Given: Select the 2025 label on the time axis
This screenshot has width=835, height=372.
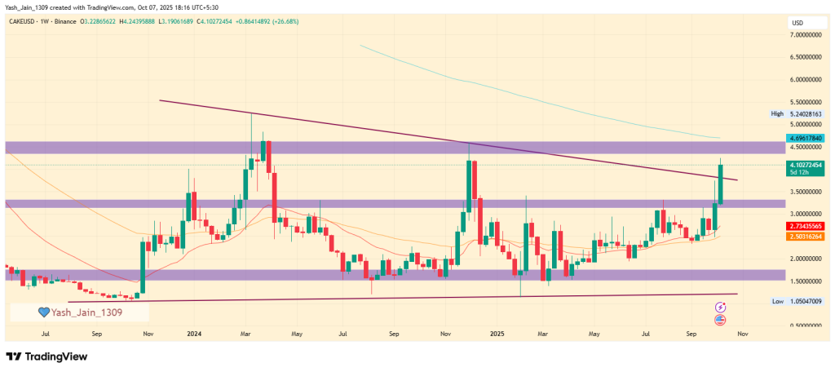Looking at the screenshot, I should click(497, 334).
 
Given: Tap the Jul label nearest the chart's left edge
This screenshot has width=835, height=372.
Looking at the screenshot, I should click(46, 334).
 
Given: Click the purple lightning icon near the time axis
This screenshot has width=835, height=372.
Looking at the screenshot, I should click(721, 307).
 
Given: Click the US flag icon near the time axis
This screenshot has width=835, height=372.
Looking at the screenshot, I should click(721, 320).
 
